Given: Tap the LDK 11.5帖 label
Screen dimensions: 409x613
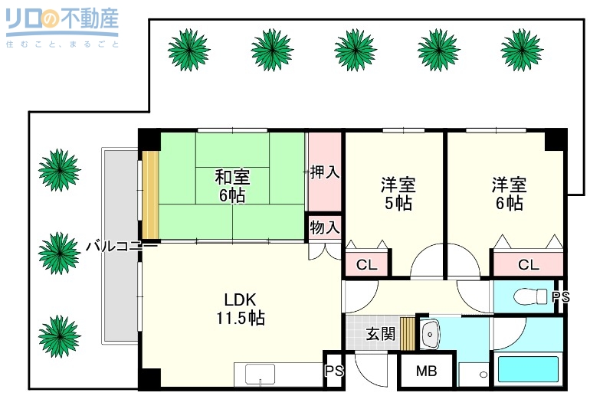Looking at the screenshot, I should (244, 309).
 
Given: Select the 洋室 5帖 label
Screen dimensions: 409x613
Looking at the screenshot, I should (398, 194).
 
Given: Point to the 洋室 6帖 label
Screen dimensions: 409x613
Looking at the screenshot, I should (508, 194).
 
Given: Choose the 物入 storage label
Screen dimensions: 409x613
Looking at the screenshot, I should (325, 227).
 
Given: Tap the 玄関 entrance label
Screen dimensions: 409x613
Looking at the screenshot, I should (380, 334).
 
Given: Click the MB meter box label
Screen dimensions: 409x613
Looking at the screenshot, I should (426, 372).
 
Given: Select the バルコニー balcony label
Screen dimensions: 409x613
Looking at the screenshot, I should (121, 247).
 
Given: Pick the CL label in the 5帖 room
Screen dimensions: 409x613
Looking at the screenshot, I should (366, 265).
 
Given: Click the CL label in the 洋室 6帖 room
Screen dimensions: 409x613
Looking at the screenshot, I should (527, 265).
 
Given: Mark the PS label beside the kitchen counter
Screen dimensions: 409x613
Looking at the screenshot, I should (333, 371).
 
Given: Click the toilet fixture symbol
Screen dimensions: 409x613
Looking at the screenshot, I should (529, 296).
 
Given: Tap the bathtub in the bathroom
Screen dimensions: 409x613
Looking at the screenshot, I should (529, 369).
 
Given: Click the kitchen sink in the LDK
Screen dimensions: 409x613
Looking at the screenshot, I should (260, 375).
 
